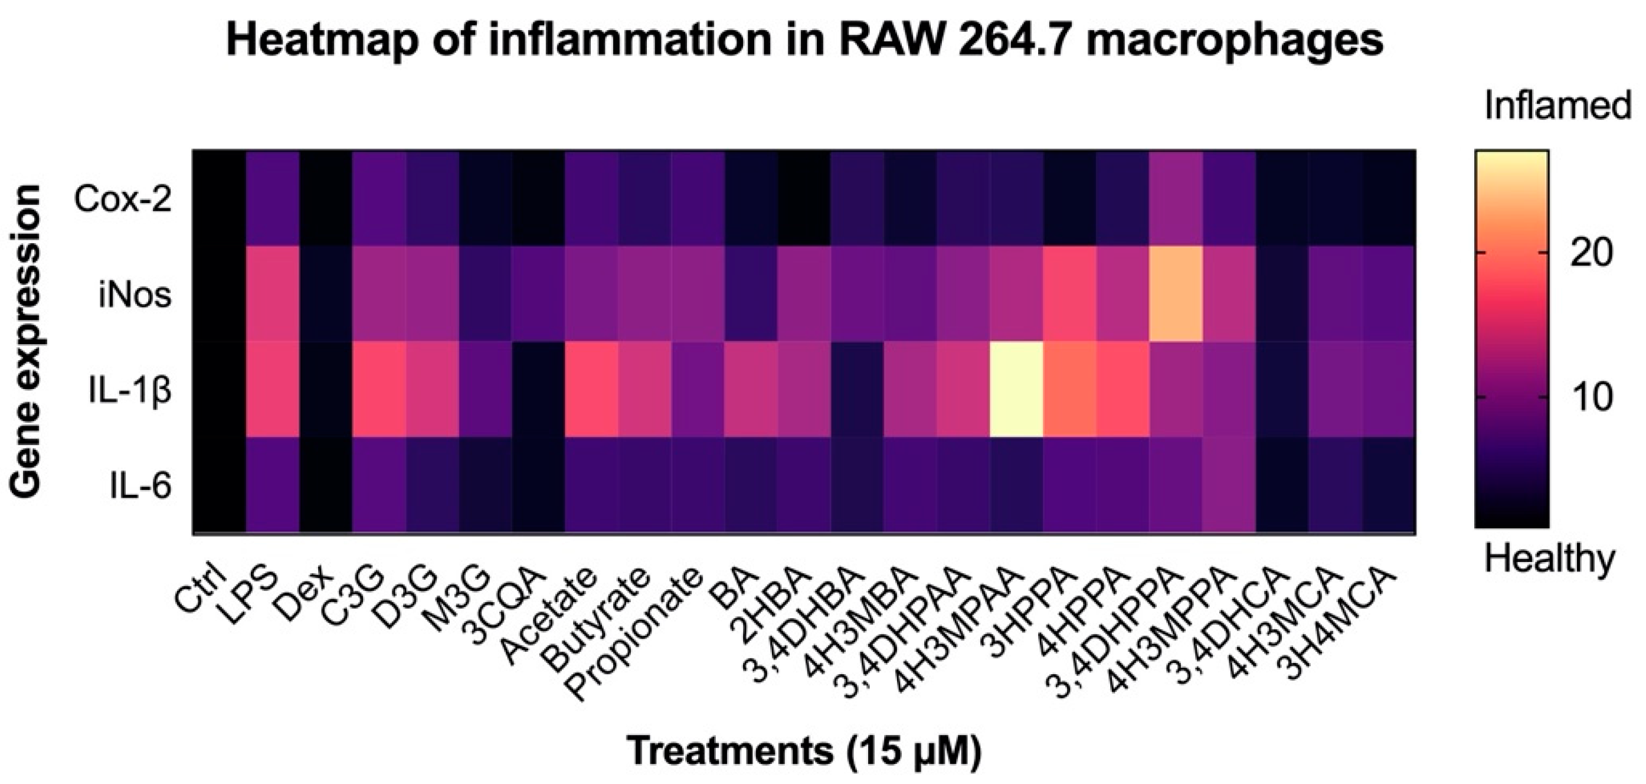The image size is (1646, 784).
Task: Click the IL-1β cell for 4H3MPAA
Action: tap(1017, 389)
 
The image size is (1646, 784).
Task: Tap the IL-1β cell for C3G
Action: tap(379, 389)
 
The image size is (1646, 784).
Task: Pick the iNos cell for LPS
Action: tap(273, 294)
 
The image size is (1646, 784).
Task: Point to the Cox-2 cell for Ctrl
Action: tap(220, 198)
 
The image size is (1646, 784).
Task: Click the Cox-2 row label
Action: tap(123, 200)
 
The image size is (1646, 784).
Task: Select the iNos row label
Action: tap(136, 296)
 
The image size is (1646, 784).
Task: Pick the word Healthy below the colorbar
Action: tap(1550, 559)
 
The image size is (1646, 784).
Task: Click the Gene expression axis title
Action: tap(27, 341)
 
